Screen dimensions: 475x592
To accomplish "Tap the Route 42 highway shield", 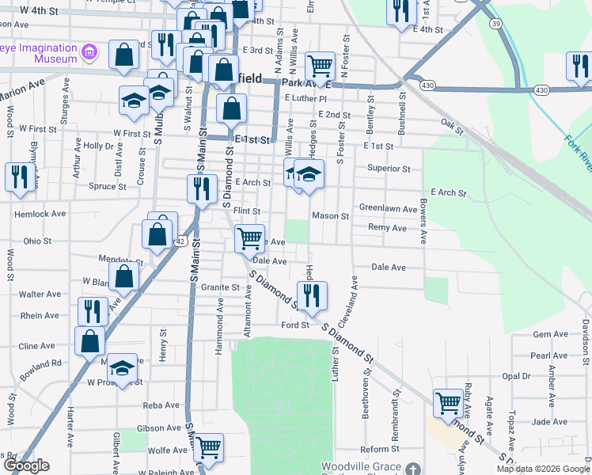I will (181, 241).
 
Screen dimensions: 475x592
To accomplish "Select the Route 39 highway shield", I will (495, 24).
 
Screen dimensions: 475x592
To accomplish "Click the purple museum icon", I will (90, 53).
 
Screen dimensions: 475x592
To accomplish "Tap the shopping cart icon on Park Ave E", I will (320, 65).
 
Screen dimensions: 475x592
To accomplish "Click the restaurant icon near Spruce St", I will (18, 177).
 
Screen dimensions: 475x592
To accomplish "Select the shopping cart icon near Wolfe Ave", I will (208, 447).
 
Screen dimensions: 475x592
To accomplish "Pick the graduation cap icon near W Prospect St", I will (122, 367).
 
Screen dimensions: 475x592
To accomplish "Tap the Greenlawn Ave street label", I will (388, 209).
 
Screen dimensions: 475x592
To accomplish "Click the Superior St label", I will (388, 169).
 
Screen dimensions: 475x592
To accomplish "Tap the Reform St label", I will (375, 449).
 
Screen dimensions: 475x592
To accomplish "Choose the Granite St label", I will (219, 287).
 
